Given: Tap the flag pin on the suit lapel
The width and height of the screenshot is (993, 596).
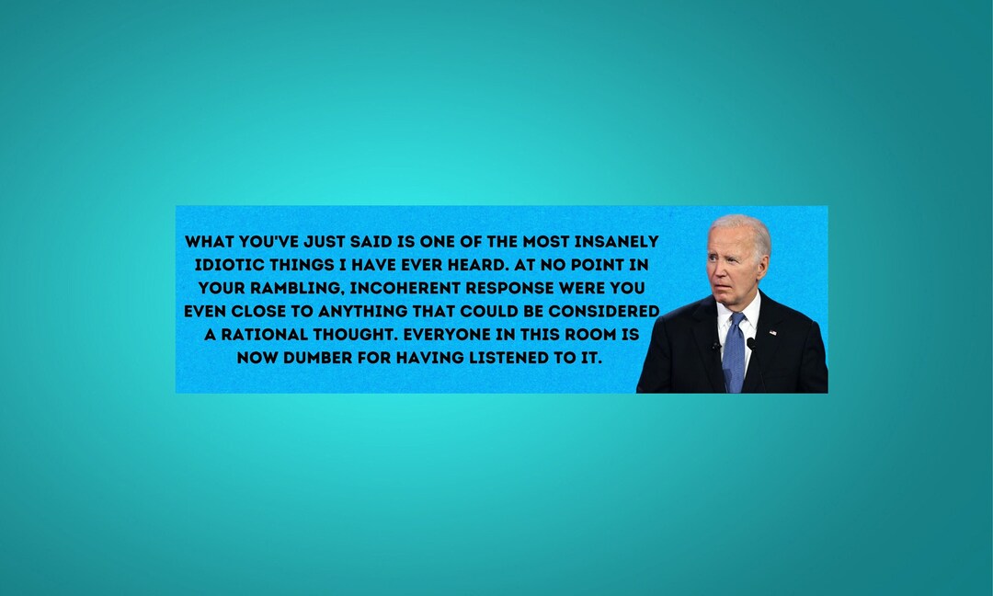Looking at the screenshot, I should click(772, 332).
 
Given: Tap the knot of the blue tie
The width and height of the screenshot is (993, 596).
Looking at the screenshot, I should click(736, 321).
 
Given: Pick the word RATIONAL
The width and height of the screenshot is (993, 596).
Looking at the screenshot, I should click(267, 334).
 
